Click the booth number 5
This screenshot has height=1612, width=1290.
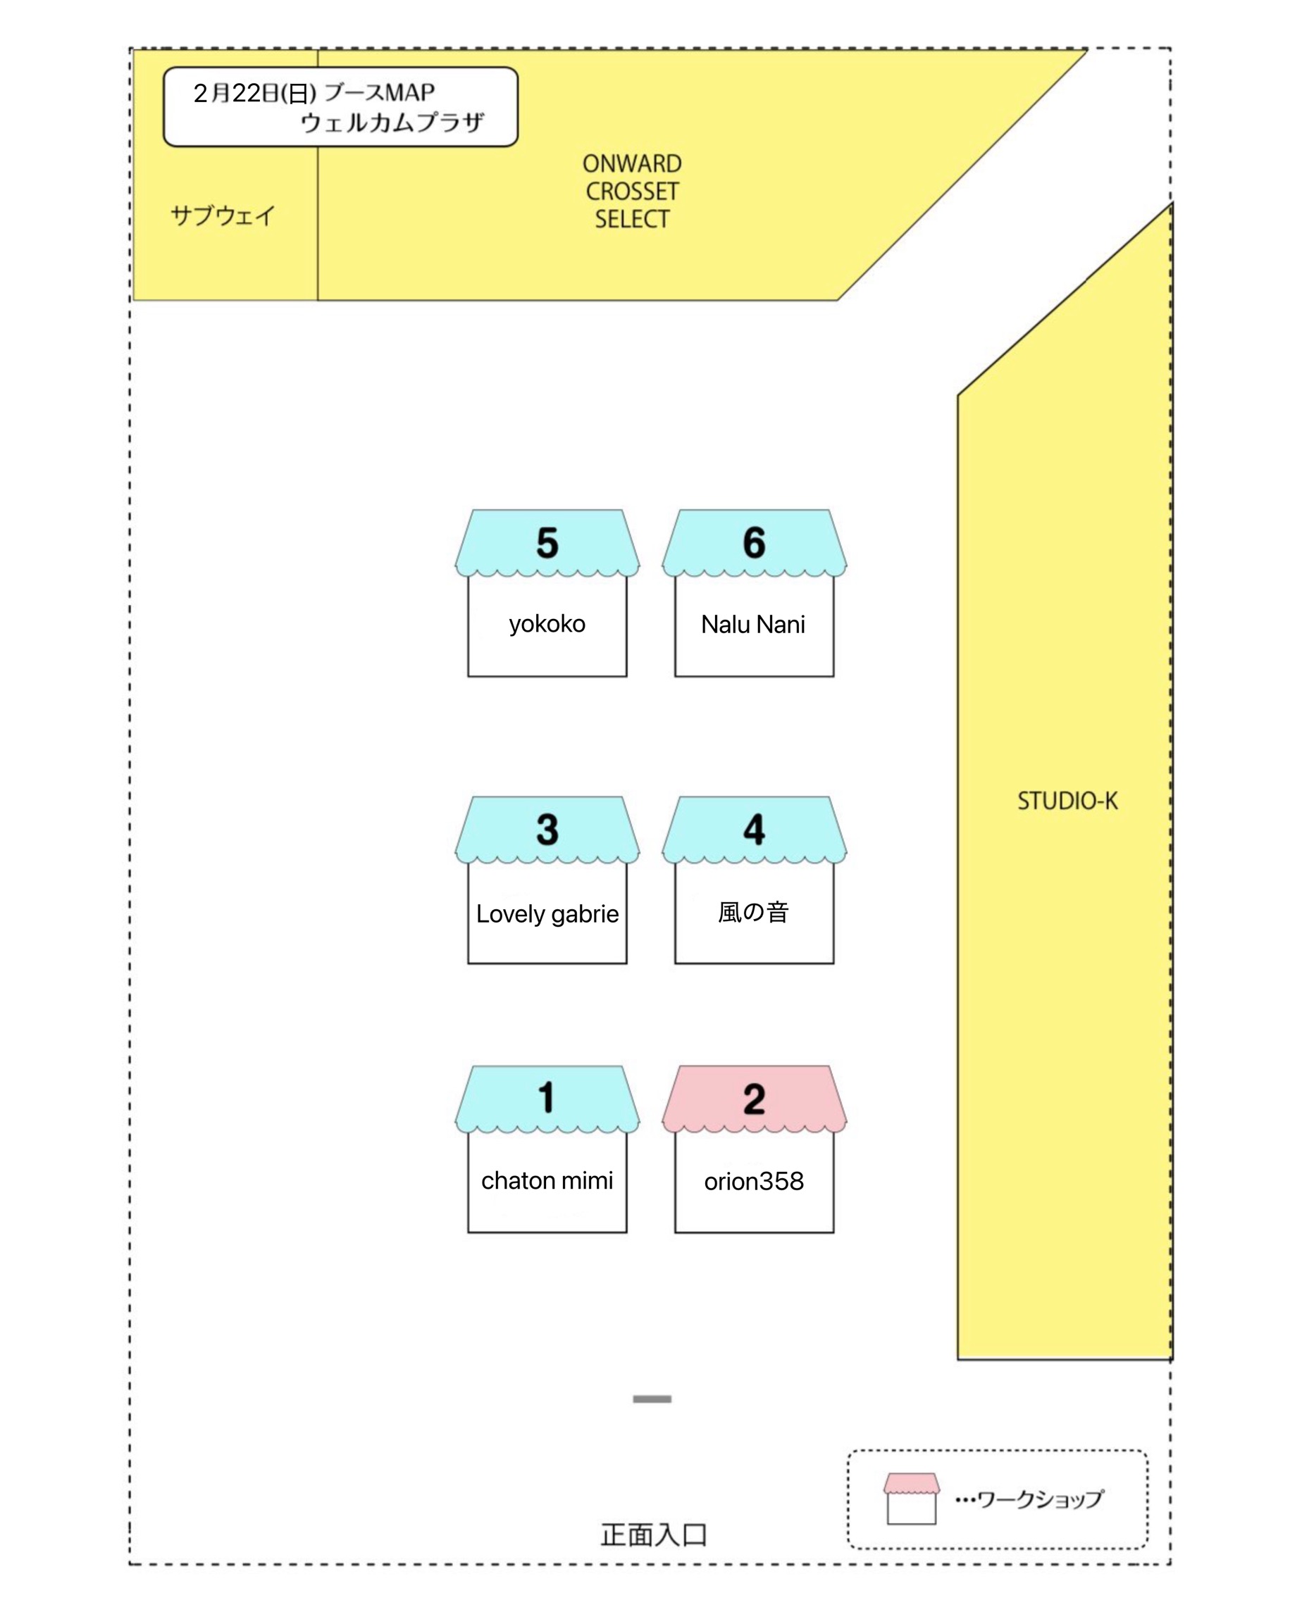547,542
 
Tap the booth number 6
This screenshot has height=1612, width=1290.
754,542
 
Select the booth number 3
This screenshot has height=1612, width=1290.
547,829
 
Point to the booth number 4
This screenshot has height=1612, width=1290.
754,829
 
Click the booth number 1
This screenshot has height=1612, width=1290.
547,1098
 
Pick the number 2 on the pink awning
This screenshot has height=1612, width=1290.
754,1099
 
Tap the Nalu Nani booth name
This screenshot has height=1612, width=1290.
753,623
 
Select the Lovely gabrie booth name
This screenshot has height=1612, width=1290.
547,913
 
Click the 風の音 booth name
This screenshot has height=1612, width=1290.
753,912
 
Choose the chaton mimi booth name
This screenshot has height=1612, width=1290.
547,1180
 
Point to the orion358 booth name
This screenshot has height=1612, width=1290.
754,1180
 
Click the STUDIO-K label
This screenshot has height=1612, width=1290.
1067,801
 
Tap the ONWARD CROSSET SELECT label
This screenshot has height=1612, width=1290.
632,191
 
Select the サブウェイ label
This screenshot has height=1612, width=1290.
223,215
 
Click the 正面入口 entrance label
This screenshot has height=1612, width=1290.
654,1535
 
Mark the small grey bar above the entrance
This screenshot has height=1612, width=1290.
652,1398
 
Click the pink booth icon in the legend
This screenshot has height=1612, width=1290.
911,1498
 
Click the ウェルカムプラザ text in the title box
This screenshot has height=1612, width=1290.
392,122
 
